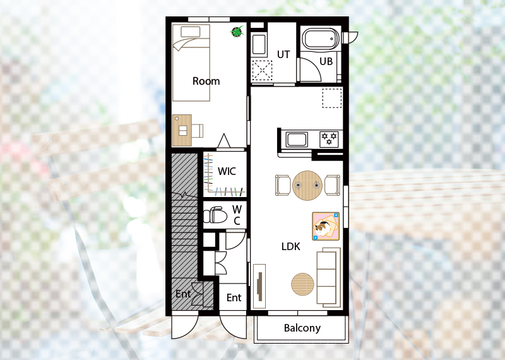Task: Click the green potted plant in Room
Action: [237, 32]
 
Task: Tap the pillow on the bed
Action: [191, 32]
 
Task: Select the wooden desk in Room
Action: [182, 130]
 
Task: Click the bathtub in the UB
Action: [321, 39]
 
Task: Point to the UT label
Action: [283, 54]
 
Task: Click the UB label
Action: [326, 61]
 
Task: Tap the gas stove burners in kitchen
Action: [329, 139]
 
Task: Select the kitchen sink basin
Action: [297, 140]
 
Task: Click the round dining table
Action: [307, 185]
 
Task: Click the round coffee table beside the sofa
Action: [302, 284]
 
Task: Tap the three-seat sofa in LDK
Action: [328, 277]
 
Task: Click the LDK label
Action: [291, 246]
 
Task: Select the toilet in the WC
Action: [215, 215]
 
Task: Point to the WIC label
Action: [227, 171]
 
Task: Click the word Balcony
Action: [302, 328]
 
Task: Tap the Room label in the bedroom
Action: [206, 81]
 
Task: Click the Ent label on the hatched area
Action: [183, 294]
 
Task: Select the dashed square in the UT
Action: [262, 70]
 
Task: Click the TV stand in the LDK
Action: [259, 286]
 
